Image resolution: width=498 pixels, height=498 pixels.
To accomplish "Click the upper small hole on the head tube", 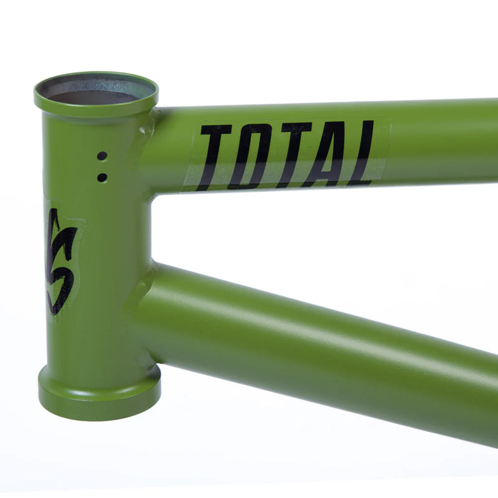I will tap(102, 156).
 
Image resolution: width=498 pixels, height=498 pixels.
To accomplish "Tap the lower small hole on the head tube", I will tap(102, 177).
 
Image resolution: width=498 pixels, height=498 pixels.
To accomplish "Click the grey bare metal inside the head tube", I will tap(93, 93).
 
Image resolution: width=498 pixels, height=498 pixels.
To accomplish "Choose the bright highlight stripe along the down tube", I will tap(311, 324).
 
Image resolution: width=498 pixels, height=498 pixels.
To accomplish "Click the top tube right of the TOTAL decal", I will tap(442, 143).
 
